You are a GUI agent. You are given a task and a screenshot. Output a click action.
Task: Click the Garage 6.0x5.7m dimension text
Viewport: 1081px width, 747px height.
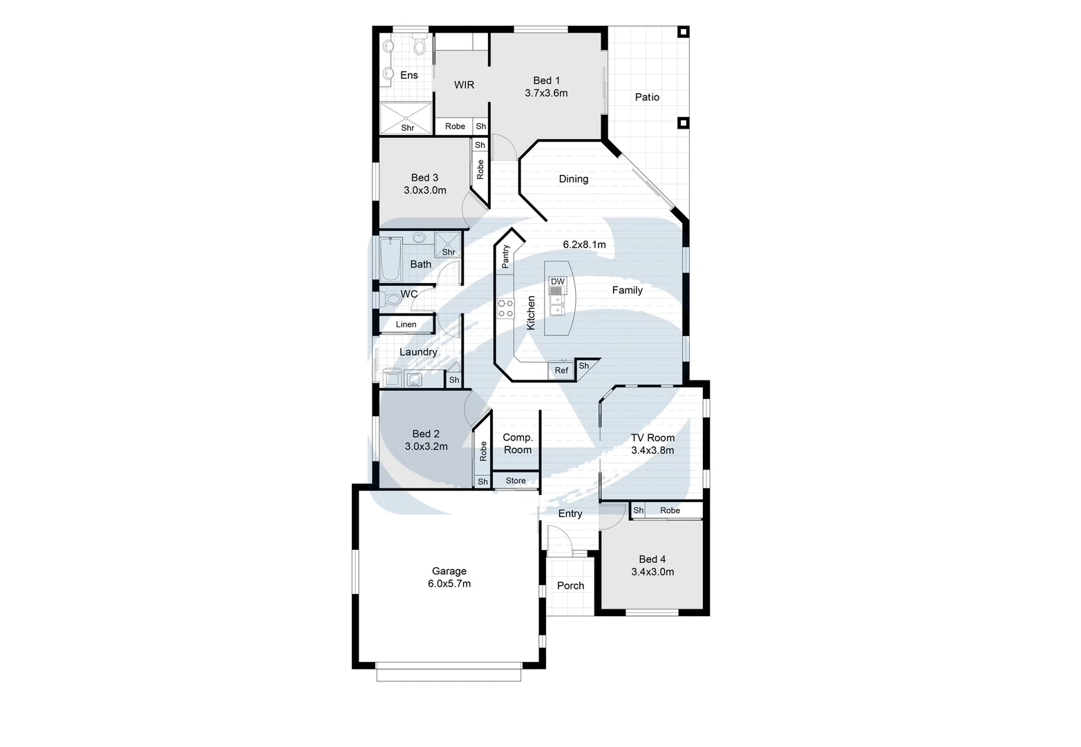pyautogui.click(x=449, y=584)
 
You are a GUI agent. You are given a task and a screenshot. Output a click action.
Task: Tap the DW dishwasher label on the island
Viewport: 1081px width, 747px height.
pyautogui.click(x=558, y=282)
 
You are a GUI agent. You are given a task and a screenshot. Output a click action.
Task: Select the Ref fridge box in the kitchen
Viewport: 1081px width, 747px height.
pyautogui.click(x=561, y=371)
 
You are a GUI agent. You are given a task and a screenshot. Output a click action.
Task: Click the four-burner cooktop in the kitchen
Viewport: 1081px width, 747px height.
pyautogui.click(x=506, y=308)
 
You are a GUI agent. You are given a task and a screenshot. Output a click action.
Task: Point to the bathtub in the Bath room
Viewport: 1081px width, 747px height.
pyautogui.click(x=391, y=259)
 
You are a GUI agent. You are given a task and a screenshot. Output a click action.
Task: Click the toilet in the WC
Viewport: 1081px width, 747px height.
pyautogui.click(x=391, y=298)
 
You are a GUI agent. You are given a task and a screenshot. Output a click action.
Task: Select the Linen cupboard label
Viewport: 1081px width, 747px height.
pyautogui.click(x=406, y=324)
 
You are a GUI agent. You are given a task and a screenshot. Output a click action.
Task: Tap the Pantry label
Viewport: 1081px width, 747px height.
pyautogui.click(x=505, y=256)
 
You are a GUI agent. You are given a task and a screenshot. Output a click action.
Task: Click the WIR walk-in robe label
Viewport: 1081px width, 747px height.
pyautogui.click(x=464, y=85)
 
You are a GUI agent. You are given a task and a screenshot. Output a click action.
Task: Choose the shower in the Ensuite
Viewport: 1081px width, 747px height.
pyautogui.click(x=406, y=118)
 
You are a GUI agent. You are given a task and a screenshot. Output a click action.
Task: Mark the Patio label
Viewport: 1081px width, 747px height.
pyautogui.click(x=647, y=98)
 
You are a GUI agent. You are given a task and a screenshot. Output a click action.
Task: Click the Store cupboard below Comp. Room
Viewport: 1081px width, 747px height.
pyautogui.click(x=516, y=481)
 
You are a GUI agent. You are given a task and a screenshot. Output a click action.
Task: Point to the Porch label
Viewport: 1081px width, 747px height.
pyautogui.click(x=571, y=586)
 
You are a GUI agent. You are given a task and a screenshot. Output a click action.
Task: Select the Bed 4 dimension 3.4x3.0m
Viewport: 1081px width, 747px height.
pyautogui.click(x=652, y=572)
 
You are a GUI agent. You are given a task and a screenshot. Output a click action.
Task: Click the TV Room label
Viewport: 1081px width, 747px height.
pyautogui.click(x=652, y=438)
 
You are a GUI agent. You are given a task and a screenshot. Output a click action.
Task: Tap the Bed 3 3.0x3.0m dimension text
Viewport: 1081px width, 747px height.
pyautogui.click(x=425, y=190)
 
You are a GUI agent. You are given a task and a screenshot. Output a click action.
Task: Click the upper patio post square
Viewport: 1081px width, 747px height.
pyautogui.click(x=683, y=32)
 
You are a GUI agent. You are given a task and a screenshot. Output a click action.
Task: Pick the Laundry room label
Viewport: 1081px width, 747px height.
pyautogui.click(x=418, y=352)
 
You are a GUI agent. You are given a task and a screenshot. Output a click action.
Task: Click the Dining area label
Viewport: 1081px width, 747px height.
pyautogui.click(x=574, y=179)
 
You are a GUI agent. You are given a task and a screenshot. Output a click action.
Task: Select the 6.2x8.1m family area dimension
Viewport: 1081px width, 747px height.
pyautogui.click(x=584, y=245)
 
